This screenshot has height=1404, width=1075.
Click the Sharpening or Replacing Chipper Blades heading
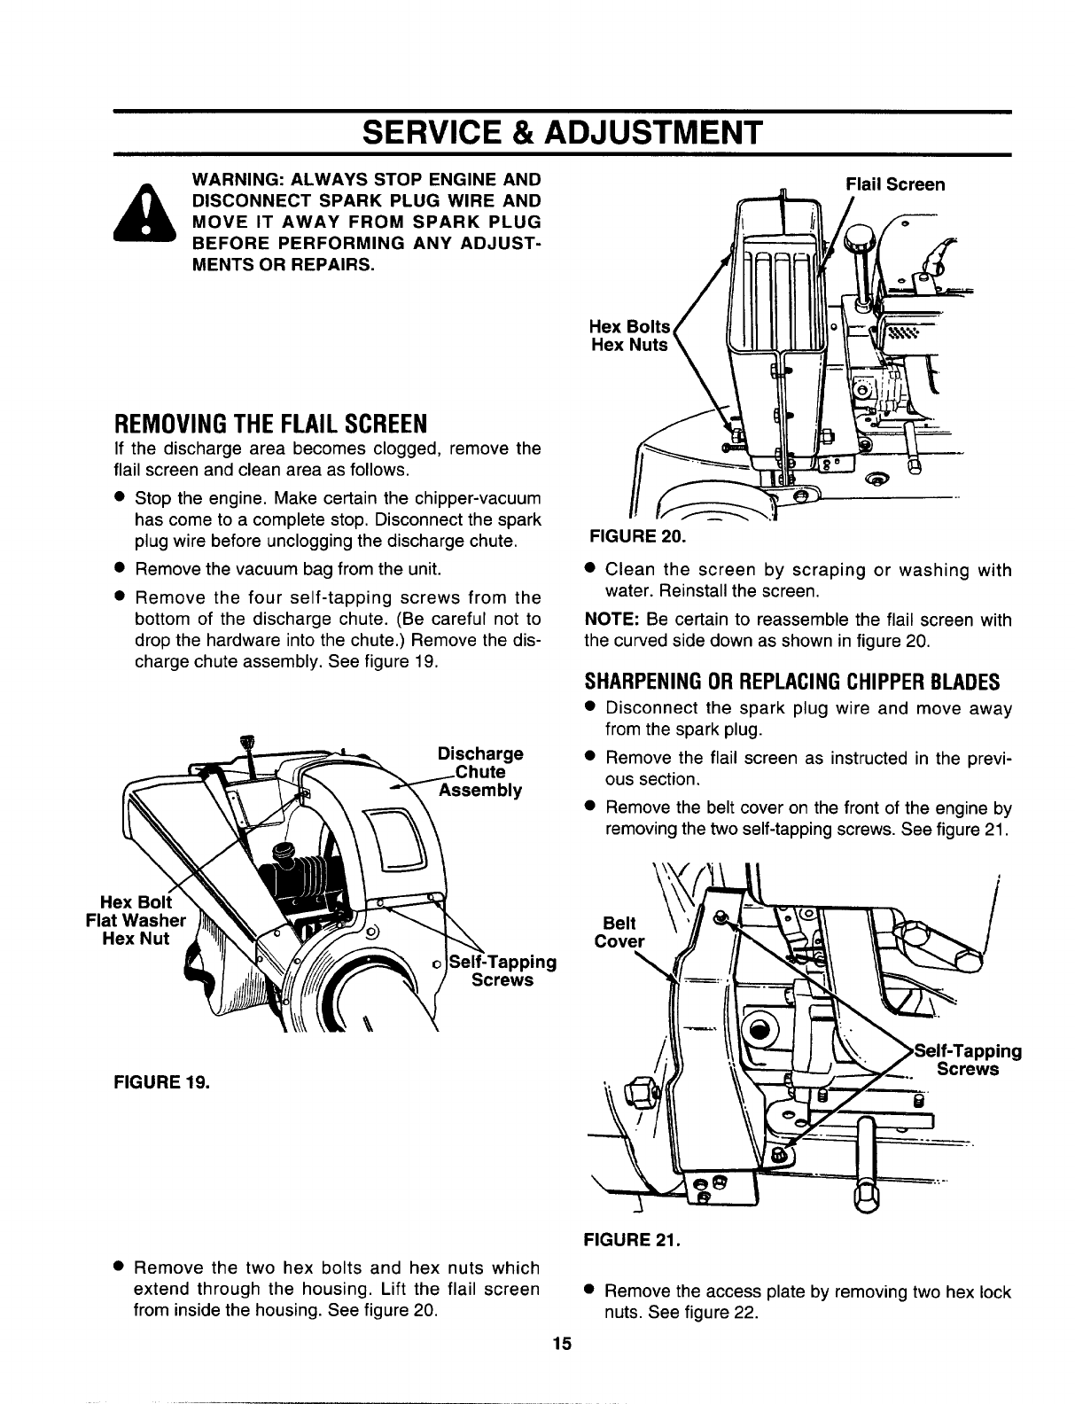(x=791, y=682)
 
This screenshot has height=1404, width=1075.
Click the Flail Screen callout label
(x=895, y=184)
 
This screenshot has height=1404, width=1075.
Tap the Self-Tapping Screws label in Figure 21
(x=968, y=1060)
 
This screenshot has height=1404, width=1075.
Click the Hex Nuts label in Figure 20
(x=629, y=345)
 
